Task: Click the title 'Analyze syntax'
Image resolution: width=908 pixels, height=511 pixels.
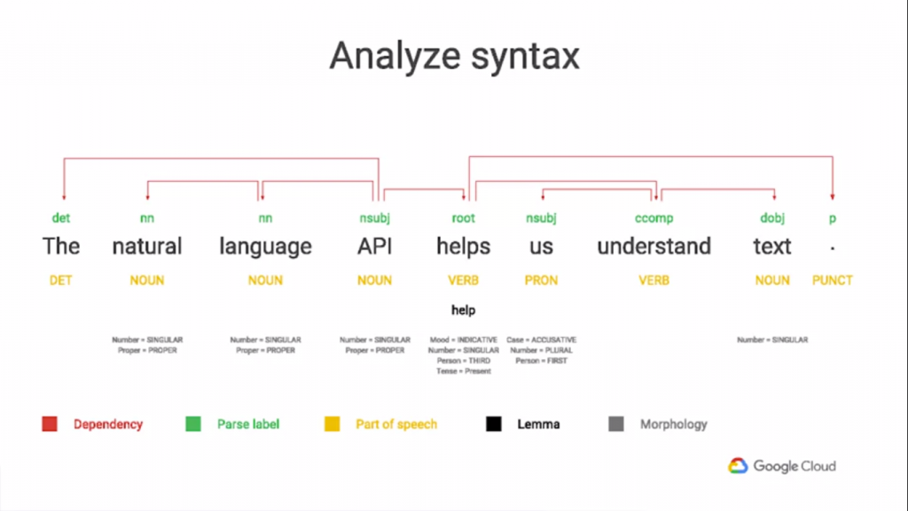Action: (454, 57)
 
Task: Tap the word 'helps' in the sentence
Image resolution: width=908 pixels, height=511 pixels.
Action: (463, 247)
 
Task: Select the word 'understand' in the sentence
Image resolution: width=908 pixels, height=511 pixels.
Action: (654, 247)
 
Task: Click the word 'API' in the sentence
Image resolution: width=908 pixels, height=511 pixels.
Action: (374, 247)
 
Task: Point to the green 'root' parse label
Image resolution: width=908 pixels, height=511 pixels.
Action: (463, 218)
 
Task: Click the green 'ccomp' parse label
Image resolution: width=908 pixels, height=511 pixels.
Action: (654, 218)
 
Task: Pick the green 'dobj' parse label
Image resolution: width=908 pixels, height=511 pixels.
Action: (772, 218)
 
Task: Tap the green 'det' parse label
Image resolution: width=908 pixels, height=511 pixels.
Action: (61, 218)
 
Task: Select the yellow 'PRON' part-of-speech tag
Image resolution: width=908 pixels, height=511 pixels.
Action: (541, 280)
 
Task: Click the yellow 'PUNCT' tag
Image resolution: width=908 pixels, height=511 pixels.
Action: (832, 280)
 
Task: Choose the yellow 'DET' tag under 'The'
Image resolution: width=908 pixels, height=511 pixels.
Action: (61, 280)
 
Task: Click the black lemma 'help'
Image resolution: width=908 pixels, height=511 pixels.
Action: (463, 311)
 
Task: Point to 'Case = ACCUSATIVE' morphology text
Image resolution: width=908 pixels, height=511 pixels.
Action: (541, 340)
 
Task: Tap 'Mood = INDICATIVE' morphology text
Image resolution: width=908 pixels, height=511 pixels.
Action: (464, 340)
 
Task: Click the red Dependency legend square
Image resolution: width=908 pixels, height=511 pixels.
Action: (50, 424)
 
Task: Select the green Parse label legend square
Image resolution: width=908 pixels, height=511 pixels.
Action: (193, 424)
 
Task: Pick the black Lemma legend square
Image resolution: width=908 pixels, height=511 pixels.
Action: (493, 424)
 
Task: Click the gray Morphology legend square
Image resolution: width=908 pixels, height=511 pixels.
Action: (616, 424)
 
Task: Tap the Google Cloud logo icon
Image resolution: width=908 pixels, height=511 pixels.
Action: (739, 466)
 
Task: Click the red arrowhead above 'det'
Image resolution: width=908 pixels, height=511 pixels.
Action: (62, 197)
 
